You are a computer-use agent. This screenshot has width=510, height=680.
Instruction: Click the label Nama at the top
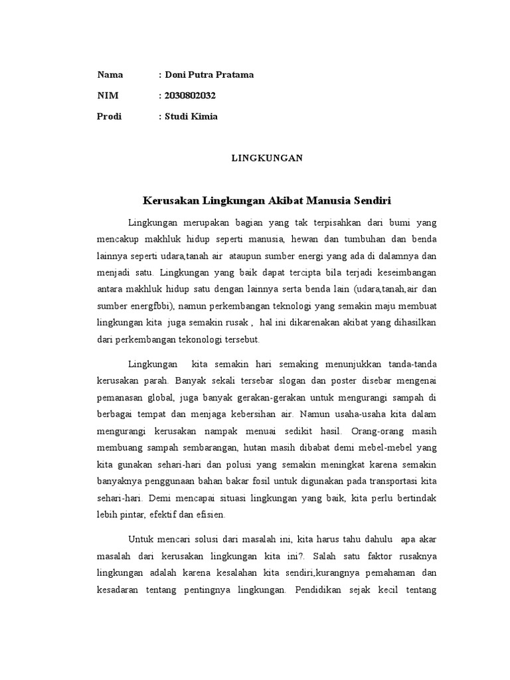click(110, 75)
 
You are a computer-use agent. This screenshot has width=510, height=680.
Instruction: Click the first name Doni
click(177, 75)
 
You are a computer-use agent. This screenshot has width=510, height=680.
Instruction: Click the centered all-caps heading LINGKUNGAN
click(267, 158)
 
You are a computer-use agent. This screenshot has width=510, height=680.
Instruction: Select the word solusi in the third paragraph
click(202, 539)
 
